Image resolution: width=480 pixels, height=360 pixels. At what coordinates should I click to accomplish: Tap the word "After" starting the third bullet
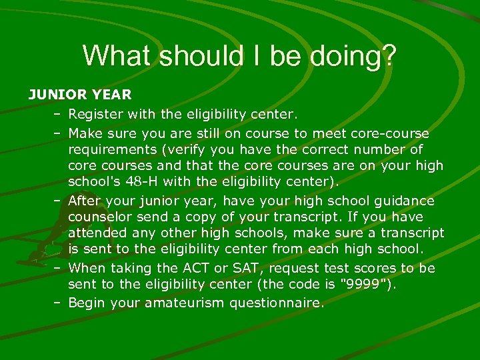(x=84, y=201)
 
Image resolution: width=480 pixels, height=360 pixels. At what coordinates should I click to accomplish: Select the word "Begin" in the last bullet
(x=86, y=303)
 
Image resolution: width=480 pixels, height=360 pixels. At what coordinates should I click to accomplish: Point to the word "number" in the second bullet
(x=387, y=149)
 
